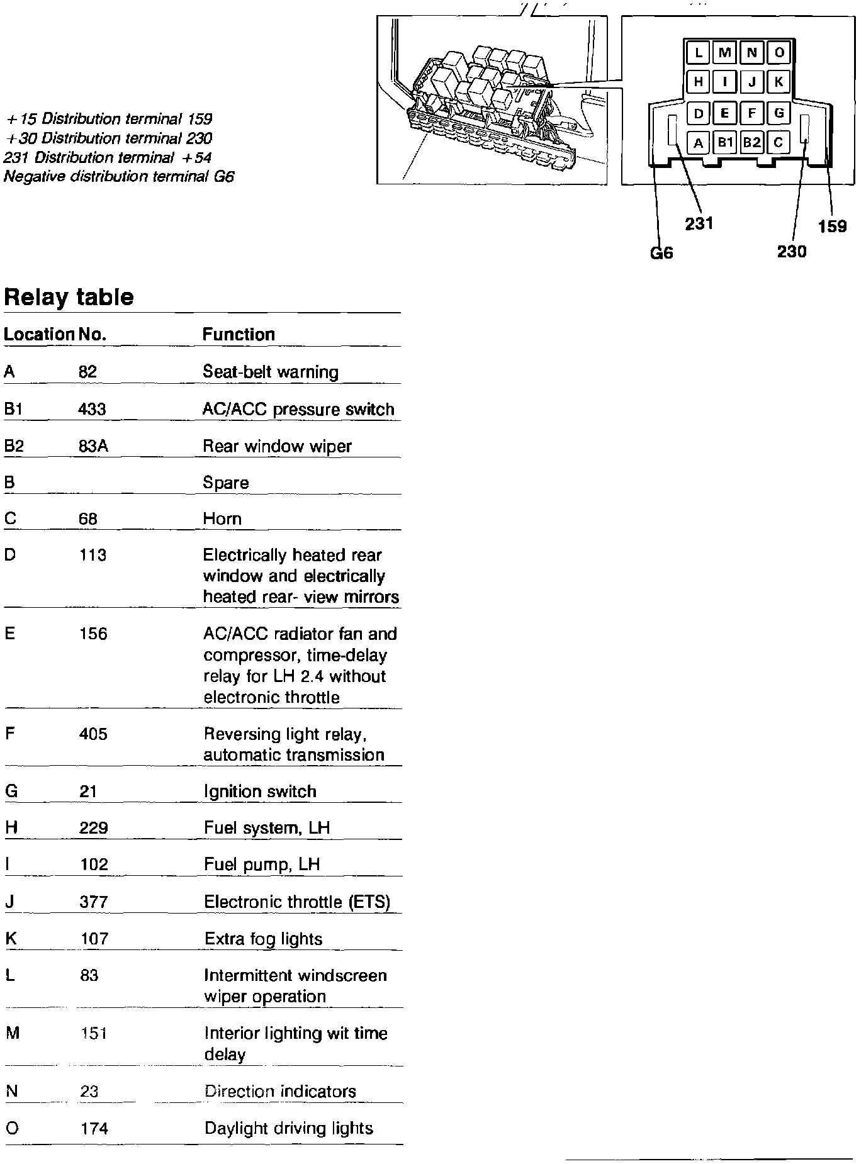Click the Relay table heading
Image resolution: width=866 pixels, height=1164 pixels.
click(69, 297)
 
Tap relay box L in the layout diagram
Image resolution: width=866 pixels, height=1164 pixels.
click(698, 52)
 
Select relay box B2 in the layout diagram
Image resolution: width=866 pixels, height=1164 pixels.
click(751, 143)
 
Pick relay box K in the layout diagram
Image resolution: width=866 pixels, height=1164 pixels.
click(779, 81)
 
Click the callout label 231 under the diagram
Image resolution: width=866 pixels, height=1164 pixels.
click(699, 223)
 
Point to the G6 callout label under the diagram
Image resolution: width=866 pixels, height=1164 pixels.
click(661, 253)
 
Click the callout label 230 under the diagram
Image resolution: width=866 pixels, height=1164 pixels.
click(792, 252)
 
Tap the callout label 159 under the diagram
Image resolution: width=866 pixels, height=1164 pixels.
click(832, 227)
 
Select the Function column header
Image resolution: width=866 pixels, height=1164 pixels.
click(239, 334)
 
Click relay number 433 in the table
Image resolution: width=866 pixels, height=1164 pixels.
click(92, 410)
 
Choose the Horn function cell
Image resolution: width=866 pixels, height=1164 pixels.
click(222, 519)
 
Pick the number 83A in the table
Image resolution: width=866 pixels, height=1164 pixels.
click(93, 446)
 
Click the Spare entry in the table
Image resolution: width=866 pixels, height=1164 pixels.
click(226, 483)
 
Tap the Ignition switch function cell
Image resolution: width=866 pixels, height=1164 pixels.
click(260, 792)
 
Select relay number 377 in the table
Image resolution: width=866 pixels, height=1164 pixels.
click(93, 902)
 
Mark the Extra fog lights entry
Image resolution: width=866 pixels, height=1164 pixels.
click(263, 939)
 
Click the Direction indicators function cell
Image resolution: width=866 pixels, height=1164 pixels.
click(280, 1092)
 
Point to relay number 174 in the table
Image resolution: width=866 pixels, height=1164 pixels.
click(94, 1129)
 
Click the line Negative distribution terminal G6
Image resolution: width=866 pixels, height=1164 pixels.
click(119, 177)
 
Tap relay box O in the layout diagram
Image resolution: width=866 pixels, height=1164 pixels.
click(779, 52)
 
